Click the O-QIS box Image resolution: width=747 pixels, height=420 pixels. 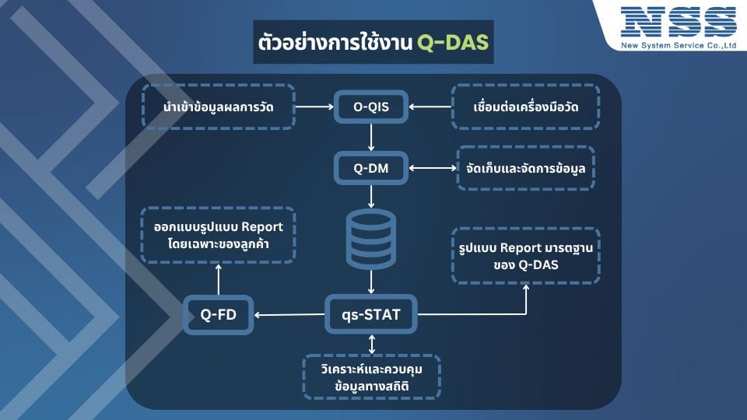(371, 107)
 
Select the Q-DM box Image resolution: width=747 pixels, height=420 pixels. (371, 168)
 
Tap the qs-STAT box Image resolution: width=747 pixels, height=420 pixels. (371, 314)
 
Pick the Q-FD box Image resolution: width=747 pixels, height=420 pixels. (218, 314)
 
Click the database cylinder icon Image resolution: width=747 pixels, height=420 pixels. (371, 239)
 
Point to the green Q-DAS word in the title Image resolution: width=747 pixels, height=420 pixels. (453, 42)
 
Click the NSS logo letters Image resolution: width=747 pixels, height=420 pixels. (679, 22)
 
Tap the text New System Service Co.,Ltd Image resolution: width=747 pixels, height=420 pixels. (679, 46)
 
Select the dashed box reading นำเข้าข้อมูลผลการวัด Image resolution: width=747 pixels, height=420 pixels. (218, 107)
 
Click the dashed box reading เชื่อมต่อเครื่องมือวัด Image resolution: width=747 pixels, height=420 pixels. (525, 107)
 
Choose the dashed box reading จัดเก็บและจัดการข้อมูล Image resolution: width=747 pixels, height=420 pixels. (525, 168)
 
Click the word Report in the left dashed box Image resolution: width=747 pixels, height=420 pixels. (262, 227)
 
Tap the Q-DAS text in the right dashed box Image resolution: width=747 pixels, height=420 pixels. (538, 264)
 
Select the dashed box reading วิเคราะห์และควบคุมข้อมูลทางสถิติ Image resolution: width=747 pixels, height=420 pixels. (372, 377)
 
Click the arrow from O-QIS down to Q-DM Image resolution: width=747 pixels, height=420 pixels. (371, 138)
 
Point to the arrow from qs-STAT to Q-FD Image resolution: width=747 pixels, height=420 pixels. (289, 314)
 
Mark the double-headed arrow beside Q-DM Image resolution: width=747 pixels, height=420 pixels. (433, 168)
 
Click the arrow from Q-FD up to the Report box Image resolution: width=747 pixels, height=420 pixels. (218, 279)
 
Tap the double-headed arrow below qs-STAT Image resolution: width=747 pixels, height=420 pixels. (372, 345)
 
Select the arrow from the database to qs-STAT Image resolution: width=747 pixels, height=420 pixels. (371, 282)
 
